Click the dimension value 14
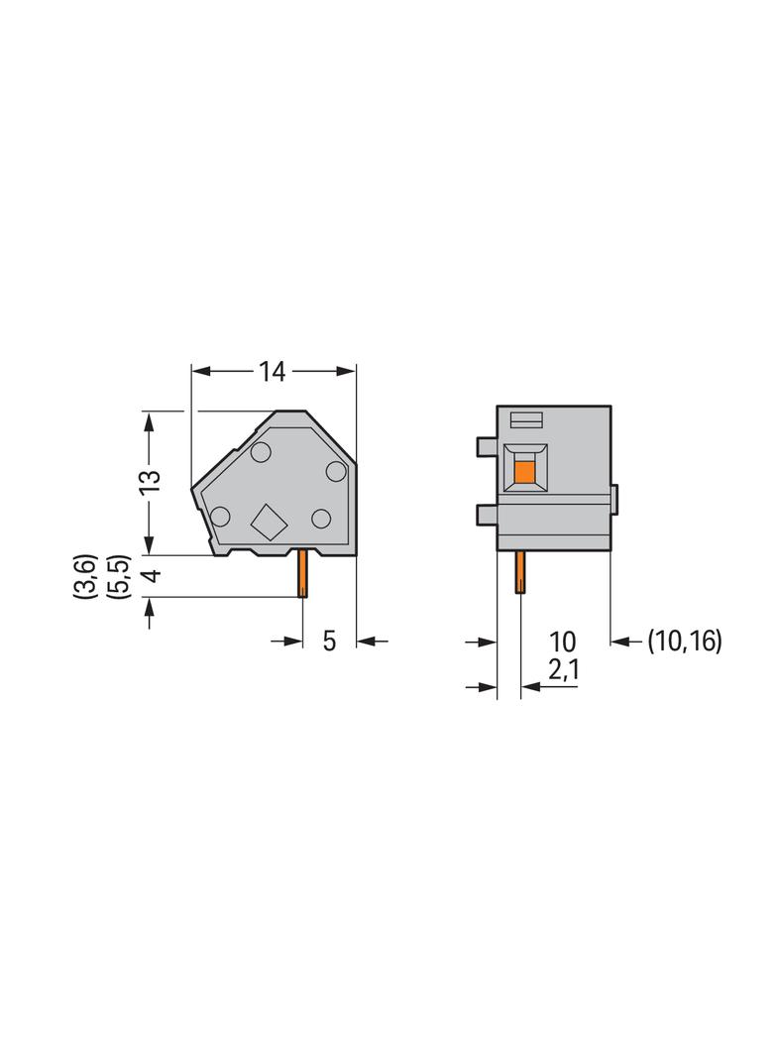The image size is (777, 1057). tap(273, 372)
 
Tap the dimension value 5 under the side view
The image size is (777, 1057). tap(329, 642)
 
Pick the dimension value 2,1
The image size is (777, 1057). tap(562, 671)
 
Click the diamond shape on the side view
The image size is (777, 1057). tap(268, 521)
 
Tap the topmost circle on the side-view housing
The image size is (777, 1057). tap(261, 454)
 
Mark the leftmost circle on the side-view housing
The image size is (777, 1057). tap(220, 516)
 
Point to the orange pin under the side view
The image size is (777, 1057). tap(301, 575)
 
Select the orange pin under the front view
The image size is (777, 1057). tap(518, 572)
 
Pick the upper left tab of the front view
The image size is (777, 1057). tap(486, 447)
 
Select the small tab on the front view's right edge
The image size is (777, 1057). tap(614, 499)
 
